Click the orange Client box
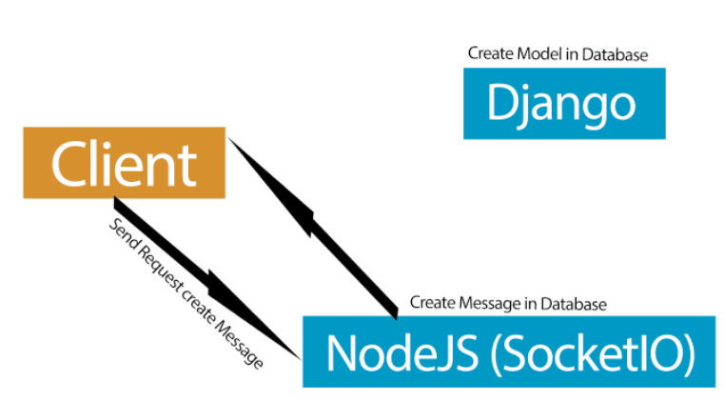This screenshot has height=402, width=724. (x=124, y=164)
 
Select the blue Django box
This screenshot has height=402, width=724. (x=563, y=104)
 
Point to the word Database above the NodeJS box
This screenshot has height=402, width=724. (x=573, y=304)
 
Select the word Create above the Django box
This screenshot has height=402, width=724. (x=489, y=54)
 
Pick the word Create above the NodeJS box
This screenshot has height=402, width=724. (x=431, y=304)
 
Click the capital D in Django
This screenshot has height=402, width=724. (x=500, y=104)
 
